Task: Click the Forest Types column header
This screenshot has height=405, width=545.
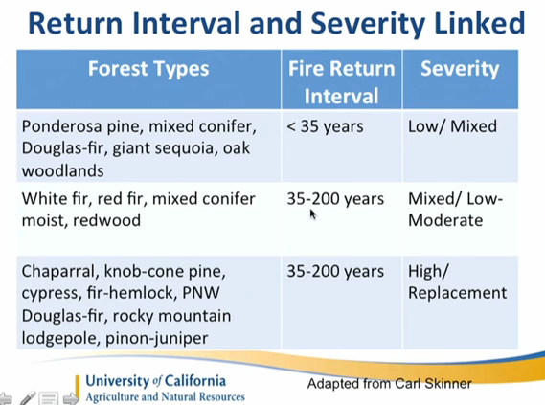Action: (148, 68)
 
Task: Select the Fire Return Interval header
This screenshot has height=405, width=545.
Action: (342, 82)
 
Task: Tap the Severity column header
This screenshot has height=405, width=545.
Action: (460, 69)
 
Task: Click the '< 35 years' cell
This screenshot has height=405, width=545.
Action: (325, 126)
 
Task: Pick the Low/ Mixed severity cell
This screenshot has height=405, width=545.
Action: (452, 126)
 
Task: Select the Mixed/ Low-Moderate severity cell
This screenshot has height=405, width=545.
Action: (455, 210)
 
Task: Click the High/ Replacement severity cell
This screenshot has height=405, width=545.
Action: (457, 281)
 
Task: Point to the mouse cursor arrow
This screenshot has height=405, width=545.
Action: (313, 214)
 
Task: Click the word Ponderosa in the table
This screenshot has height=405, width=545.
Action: (62, 126)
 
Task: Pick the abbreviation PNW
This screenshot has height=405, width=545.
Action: (201, 293)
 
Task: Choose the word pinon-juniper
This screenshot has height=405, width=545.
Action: (156, 338)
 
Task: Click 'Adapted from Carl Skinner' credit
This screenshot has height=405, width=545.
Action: (389, 384)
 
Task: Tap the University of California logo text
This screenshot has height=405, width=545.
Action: (156, 381)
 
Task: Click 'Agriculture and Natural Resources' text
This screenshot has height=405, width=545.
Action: (166, 396)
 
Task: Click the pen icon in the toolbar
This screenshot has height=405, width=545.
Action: (28, 398)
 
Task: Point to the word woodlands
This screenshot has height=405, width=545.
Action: (63, 170)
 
